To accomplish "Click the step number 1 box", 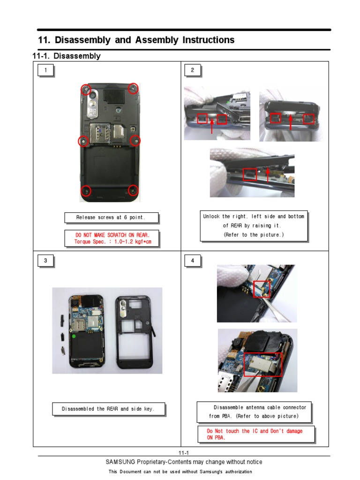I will pyautogui.click(x=45, y=70).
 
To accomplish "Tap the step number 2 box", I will pyautogui.click(x=192, y=70).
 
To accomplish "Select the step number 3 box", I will pyautogui.click(x=45, y=261).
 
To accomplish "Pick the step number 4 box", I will pyautogui.click(x=192, y=261).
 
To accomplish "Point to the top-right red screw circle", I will pyautogui.click(x=133, y=88).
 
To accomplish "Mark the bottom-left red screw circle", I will pyautogui.click(x=86, y=190).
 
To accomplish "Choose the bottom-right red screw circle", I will pyautogui.click(x=133, y=190).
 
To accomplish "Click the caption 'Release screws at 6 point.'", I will pyautogui.click(x=111, y=217).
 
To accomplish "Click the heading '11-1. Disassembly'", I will pyautogui.click(x=66, y=56).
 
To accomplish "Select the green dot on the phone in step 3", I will pyautogui.click(x=74, y=336).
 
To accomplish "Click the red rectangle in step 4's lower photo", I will pyautogui.click(x=262, y=365).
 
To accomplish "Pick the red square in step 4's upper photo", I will pyautogui.click(x=262, y=289).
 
